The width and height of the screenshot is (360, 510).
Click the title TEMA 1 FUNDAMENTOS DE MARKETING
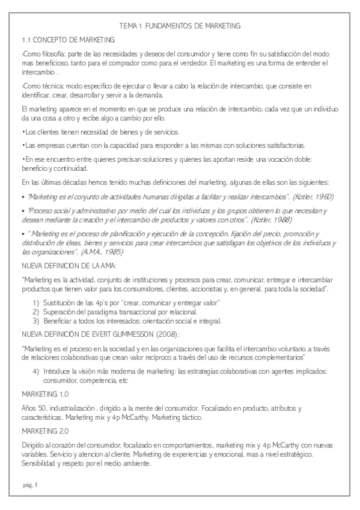pos(180,26)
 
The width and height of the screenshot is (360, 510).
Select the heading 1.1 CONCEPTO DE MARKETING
pos(67,40)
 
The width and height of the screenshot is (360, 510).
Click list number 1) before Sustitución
pos(36,302)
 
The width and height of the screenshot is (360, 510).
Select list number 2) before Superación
pos(36,312)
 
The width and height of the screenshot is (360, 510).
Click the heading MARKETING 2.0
pos(45,431)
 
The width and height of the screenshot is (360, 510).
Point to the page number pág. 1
pos(29,485)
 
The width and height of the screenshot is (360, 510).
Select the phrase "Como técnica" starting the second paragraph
pos(39,86)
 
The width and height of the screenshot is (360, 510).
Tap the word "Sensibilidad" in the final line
pos(40,464)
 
